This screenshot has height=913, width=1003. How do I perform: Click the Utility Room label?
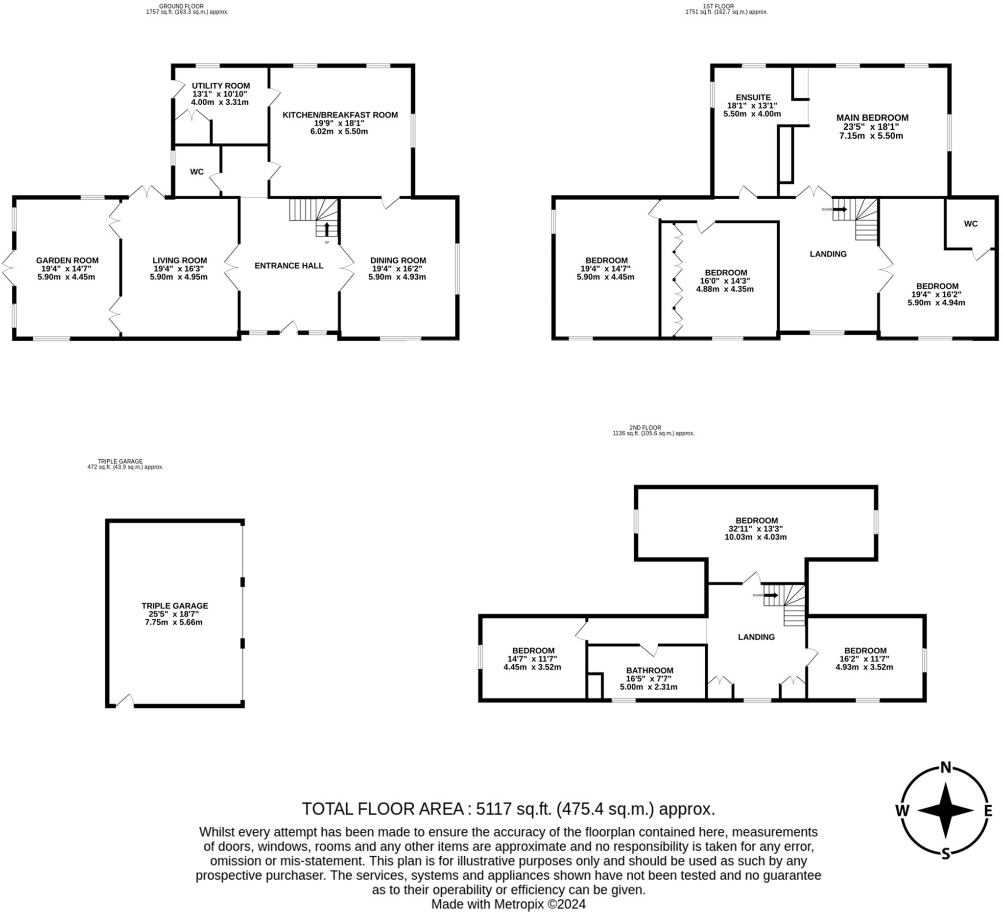(220, 86)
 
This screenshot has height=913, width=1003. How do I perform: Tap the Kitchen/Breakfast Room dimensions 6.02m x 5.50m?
(340, 131)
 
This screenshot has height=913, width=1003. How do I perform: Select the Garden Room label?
(67, 260)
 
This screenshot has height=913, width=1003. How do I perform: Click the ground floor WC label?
(196, 171)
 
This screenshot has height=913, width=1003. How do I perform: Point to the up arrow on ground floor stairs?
(326, 229)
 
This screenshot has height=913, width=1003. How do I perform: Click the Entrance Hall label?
(288, 265)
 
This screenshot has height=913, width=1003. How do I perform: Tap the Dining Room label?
(398, 260)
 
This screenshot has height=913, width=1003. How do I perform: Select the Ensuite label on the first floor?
(753, 97)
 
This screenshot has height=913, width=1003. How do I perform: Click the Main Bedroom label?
(872, 118)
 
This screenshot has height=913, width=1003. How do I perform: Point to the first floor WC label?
(970, 224)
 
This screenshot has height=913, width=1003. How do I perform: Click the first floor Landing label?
(827, 254)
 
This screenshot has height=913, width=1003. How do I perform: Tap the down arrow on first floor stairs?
(840, 210)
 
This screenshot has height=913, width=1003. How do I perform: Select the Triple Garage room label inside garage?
(175, 606)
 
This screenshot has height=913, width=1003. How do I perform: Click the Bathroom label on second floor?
(649, 670)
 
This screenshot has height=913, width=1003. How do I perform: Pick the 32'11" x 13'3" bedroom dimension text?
(756, 529)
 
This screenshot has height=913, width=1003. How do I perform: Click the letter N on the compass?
(945, 767)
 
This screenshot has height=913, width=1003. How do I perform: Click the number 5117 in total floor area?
(494, 809)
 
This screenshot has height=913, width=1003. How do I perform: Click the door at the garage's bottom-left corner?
(125, 701)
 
